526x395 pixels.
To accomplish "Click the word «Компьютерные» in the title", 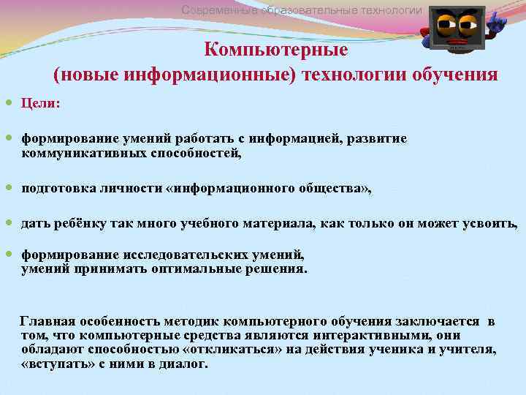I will click(x=275, y=50).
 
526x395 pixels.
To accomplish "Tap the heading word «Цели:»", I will click(x=41, y=104).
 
